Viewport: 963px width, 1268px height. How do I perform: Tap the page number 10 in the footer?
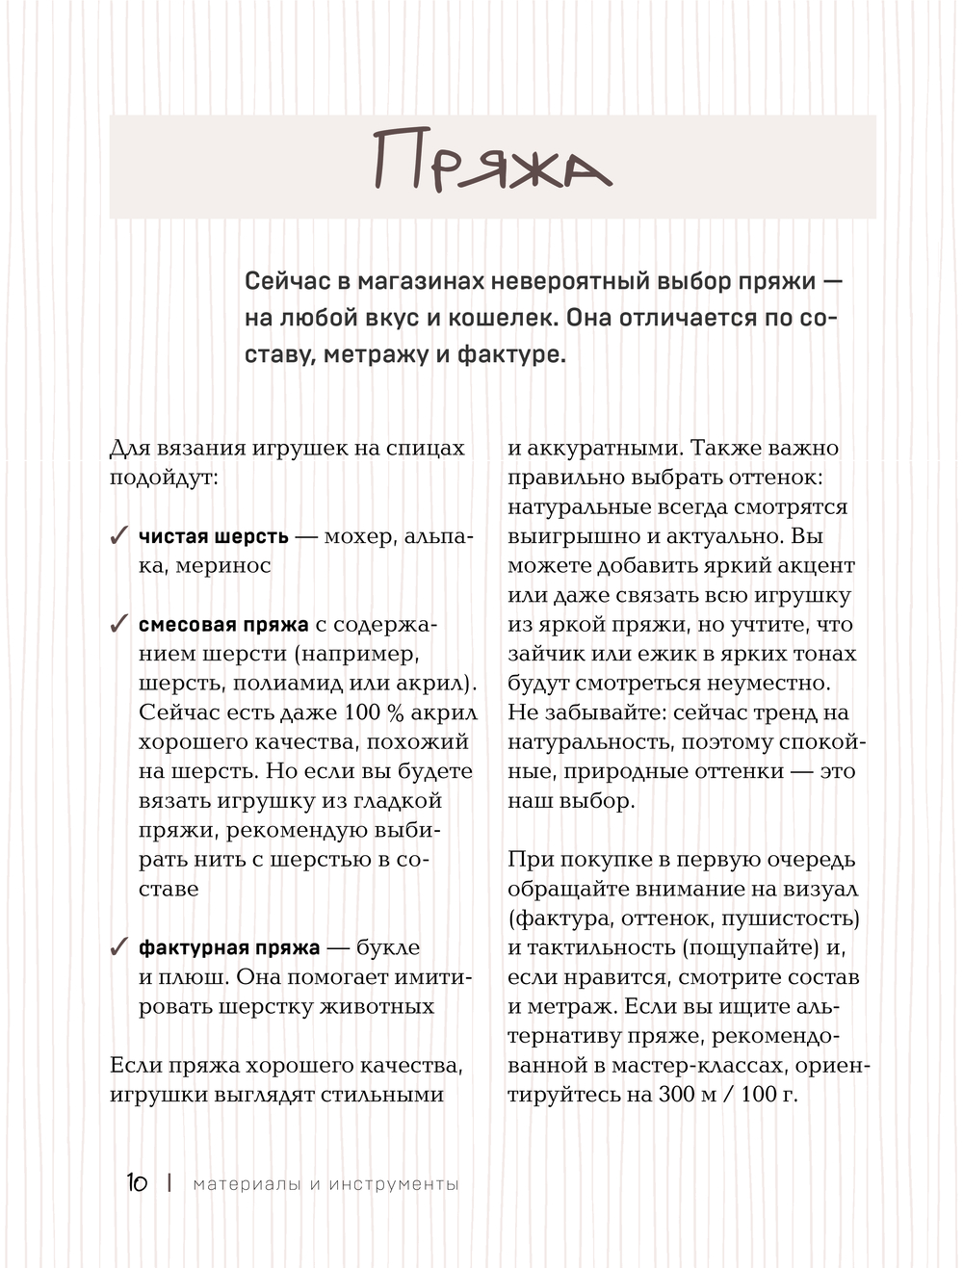[137, 1182]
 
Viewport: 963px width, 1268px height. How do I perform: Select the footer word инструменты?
[394, 1183]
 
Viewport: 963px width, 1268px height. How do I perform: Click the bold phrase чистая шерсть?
[213, 536]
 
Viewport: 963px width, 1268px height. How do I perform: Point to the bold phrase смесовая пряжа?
[223, 625]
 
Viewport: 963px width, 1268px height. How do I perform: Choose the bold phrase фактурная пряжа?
[229, 947]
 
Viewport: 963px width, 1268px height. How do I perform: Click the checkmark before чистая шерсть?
[119, 536]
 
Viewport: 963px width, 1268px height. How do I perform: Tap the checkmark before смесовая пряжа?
[119, 625]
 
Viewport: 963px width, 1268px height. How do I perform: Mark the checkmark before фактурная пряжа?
[119, 947]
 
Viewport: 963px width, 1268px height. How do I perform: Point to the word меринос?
[222, 566]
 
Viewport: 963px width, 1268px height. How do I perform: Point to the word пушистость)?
[791, 918]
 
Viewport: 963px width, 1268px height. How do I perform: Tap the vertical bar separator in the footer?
[169, 1182]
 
